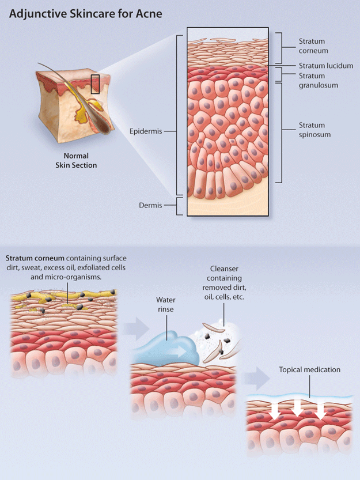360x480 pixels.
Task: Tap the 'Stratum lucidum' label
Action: (325, 66)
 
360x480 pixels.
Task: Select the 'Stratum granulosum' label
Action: (318, 81)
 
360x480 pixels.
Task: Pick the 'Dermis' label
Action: (150, 205)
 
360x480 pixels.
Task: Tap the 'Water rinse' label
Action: (166, 304)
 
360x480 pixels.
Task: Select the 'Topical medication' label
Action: (309, 370)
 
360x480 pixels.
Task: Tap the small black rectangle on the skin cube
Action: (95, 84)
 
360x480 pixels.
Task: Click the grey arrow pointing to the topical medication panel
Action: (257, 378)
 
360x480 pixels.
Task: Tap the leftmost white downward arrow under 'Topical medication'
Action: (275, 410)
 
